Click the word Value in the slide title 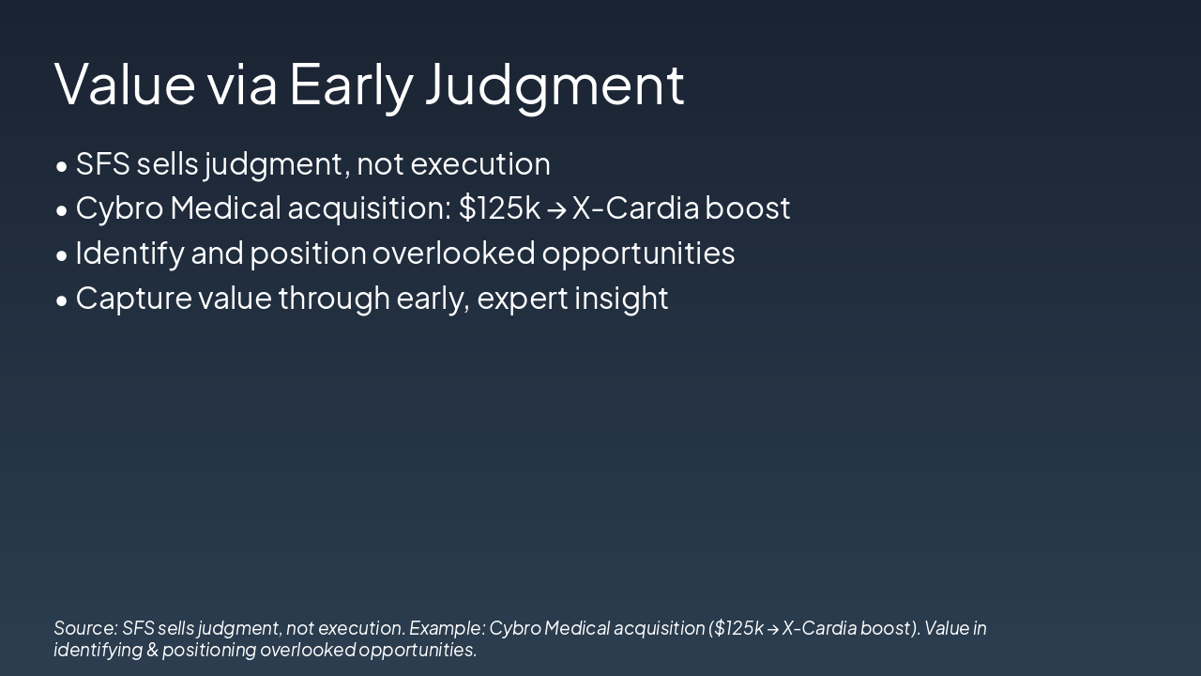click(125, 84)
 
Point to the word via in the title click(242, 84)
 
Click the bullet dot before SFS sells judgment click(62, 166)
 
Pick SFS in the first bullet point click(103, 163)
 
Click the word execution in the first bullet click(480, 164)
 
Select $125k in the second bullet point click(499, 207)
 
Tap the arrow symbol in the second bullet click(556, 209)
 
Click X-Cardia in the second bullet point click(636, 207)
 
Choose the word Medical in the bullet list click(226, 207)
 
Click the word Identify click(129, 254)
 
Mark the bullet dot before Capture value click(62, 301)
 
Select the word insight click(621, 299)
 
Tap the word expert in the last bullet click(523, 300)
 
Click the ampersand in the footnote click(152, 650)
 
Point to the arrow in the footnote click(772, 629)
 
